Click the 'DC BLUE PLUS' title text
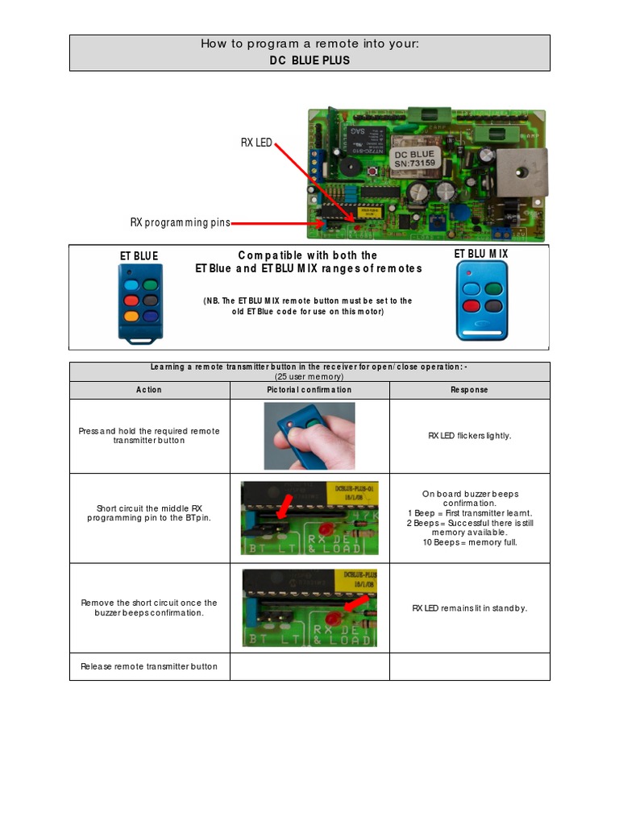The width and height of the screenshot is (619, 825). (x=309, y=60)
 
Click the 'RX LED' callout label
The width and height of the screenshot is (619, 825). (x=256, y=143)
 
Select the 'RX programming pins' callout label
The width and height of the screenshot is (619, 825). (x=180, y=222)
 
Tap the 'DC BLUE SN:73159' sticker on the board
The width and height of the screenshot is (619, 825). (x=413, y=158)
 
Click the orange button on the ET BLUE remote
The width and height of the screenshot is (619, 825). (x=131, y=317)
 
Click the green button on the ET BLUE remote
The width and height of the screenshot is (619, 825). (x=150, y=285)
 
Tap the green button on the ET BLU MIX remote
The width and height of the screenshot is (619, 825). (x=493, y=288)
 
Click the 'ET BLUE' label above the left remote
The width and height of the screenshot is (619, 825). (x=139, y=256)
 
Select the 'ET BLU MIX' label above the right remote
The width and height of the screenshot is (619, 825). (x=481, y=254)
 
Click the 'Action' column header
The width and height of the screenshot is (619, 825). (x=149, y=390)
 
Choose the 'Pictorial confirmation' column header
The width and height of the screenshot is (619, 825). (x=309, y=390)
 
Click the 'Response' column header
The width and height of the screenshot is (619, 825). (x=469, y=390)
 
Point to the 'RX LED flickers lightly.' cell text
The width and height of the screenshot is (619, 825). (x=469, y=436)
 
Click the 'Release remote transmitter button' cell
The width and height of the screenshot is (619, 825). (x=149, y=666)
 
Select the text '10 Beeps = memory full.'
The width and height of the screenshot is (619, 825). (x=469, y=542)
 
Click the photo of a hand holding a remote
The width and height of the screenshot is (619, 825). (x=309, y=436)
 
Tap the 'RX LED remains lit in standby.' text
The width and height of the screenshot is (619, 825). (x=469, y=608)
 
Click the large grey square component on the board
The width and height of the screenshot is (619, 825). (x=521, y=172)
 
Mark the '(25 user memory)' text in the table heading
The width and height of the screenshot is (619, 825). (x=309, y=376)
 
